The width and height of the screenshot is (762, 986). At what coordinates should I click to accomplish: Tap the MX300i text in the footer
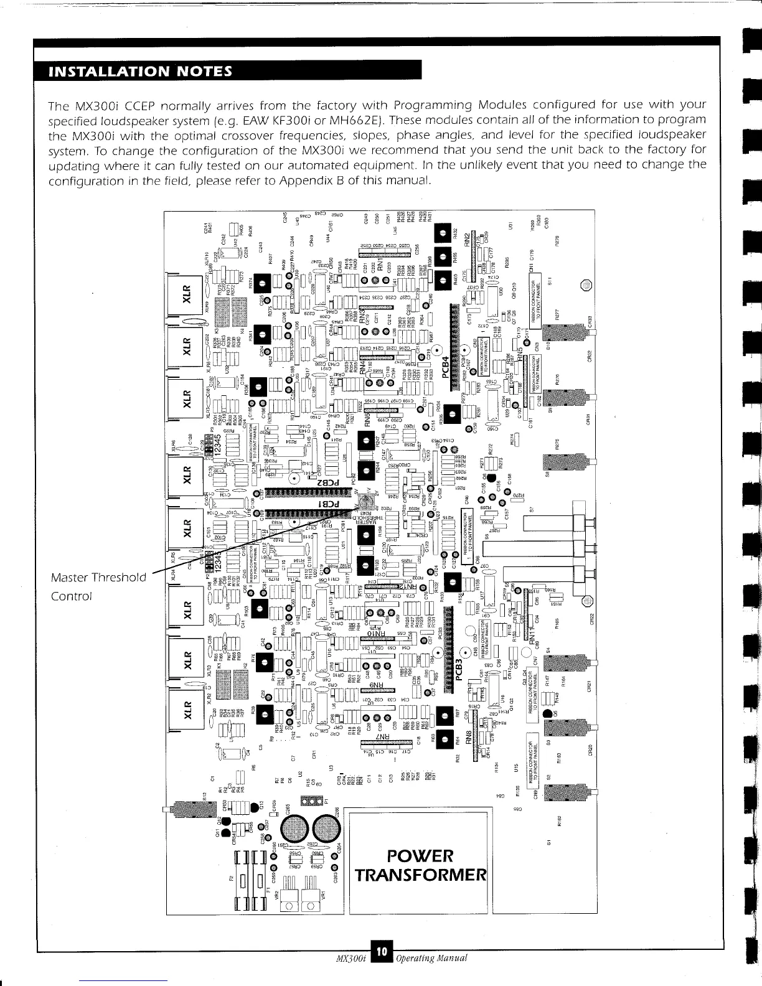(350, 974)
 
